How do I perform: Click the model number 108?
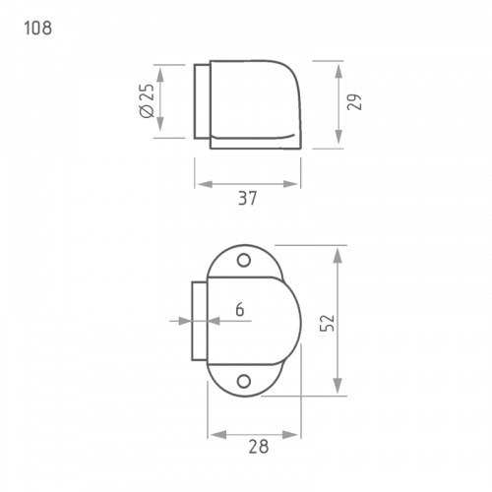point(38,28)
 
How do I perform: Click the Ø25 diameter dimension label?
point(147,100)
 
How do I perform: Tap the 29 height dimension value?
point(354,102)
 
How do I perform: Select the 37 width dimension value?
point(248,198)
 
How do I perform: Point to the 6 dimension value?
point(240,309)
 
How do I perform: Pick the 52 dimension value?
point(327,323)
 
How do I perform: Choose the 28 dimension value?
point(259,447)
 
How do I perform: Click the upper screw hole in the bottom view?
point(244,261)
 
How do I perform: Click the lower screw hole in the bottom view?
point(244,382)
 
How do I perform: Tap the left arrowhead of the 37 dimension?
point(205,184)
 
